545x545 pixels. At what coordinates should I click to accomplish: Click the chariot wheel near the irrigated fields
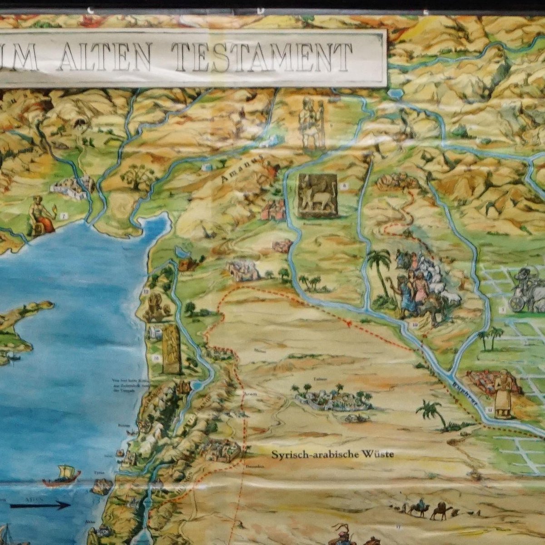coord(518,302)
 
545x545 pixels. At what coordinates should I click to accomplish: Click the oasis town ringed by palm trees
coord(329,398)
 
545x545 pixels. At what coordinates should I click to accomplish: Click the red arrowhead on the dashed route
coord(349,324)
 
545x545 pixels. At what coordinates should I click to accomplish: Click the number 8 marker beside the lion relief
coord(344,186)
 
